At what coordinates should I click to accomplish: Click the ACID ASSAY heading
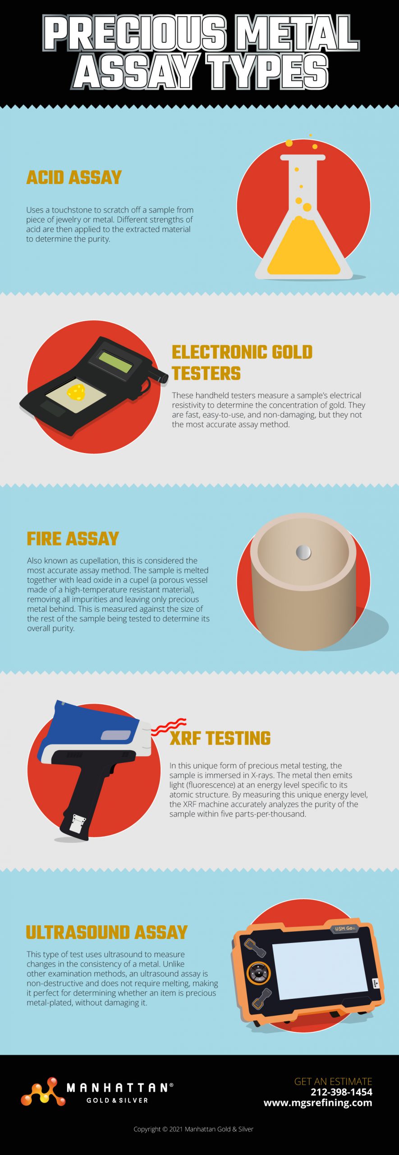click(74, 177)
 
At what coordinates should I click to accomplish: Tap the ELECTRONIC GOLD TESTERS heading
click(242, 363)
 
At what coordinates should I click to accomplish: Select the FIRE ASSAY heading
click(73, 539)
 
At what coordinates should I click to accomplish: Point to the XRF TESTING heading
click(220, 738)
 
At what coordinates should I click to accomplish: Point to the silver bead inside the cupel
click(303, 552)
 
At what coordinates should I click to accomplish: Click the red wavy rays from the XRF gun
click(168, 726)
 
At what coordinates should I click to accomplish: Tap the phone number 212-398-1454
click(341, 1092)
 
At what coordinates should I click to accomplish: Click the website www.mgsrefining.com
click(318, 1103)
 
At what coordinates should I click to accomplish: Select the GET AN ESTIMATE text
click(333, 1081)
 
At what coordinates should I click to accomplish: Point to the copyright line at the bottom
click(193, 1129)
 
